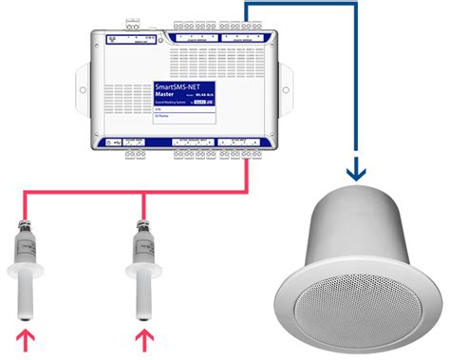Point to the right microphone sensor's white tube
point(144,289)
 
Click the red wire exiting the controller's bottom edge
point(248,171)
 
